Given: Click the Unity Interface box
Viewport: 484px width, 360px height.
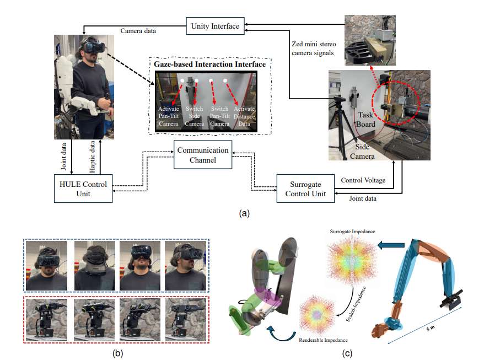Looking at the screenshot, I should click(216, 26).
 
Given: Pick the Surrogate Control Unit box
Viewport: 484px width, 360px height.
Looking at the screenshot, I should click(304, 187).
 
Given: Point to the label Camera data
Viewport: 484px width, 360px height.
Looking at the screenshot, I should click(138, 31).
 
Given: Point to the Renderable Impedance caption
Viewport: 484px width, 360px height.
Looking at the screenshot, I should click(322, 340).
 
